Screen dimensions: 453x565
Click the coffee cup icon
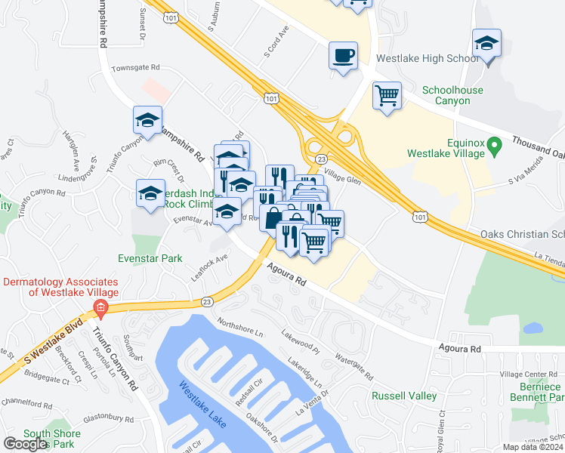click(343, 55)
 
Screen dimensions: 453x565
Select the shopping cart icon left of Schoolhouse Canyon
click(387, 96)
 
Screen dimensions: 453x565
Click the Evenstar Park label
click(150, 258)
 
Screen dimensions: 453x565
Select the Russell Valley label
click(404, 396)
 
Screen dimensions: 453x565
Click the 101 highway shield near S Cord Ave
click(272, 98)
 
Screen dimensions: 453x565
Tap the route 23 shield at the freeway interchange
click(321, 159)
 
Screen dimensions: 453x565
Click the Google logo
click(25, 444)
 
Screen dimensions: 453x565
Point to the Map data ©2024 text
click(533, 447)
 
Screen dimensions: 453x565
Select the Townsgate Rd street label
click(136, 68)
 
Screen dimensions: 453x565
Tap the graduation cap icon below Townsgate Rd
click(148, 119)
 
